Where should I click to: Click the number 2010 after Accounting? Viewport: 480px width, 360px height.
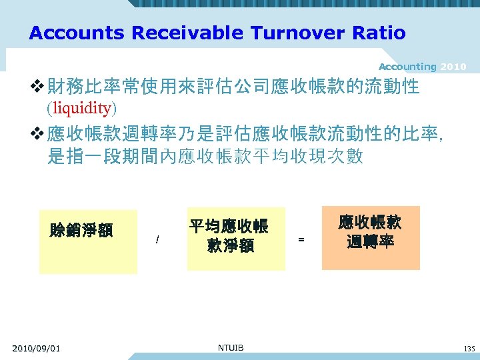point(453,67)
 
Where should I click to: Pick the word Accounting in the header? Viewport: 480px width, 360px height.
point(407,67)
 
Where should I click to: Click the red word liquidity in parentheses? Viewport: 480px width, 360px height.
point(81,107)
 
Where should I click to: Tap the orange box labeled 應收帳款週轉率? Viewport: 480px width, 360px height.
point(371,237)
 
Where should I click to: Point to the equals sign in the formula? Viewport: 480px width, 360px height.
point(301,239)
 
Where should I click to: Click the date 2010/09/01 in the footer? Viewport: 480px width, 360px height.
point(36,349)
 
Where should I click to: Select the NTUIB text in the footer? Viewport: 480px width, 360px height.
point(231,348)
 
